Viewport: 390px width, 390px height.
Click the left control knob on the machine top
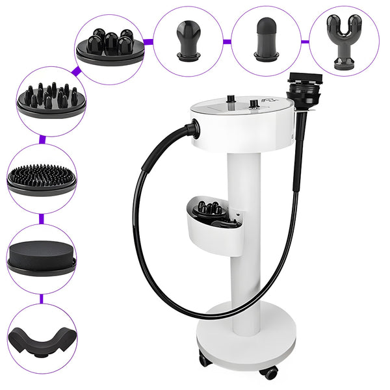click(229, 99)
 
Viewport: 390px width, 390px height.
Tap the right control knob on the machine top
click(253, 103)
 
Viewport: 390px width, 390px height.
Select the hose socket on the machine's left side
click(192, 129)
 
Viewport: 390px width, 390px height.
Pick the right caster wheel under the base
click(270, 372)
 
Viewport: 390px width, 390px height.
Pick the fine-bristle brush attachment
click(42, 177)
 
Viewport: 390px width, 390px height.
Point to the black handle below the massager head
click(299, 149)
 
